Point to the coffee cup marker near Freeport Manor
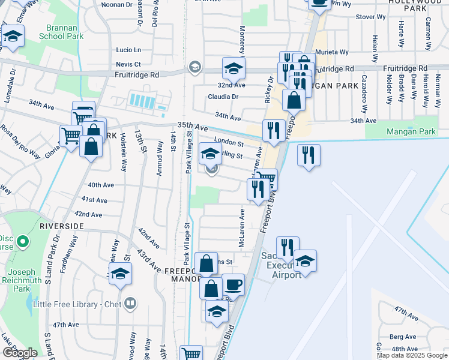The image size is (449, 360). point(233,284)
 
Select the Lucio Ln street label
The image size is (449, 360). point(128,50)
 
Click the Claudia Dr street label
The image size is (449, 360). point(223,97)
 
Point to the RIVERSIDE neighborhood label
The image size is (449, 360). point(62,226)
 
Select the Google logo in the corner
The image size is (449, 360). point(19,353)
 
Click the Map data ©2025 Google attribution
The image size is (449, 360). point(412,355)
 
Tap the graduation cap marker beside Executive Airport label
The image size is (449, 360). point(305,260)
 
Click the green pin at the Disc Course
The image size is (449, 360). point(23,242)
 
